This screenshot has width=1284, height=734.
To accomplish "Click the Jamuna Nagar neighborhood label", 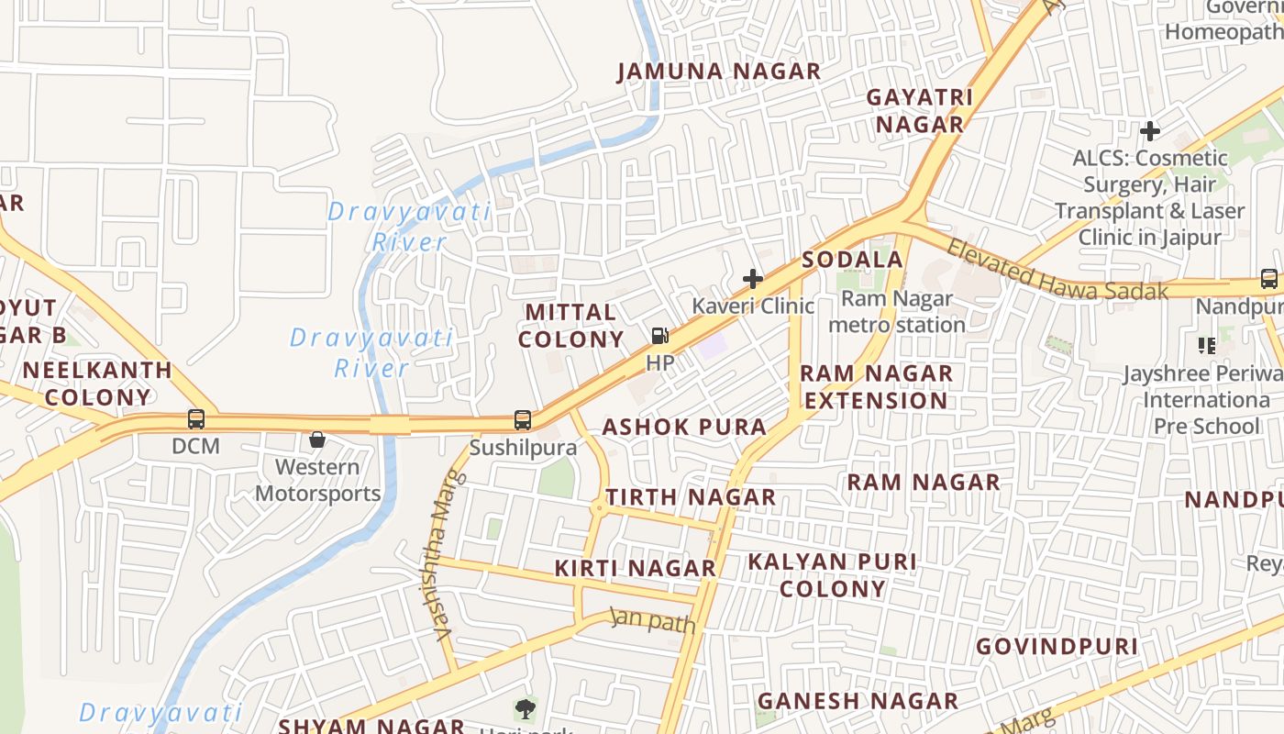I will (718, 72).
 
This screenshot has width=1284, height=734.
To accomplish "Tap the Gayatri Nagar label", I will (919, 110).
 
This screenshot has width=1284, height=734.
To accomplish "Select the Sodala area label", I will (853, 260).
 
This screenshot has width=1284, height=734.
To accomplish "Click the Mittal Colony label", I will (570, 326).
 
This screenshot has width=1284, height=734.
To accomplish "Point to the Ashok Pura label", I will (684, 427).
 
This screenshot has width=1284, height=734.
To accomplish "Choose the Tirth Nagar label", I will (691, 497).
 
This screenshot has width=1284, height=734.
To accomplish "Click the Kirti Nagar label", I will (635, 568).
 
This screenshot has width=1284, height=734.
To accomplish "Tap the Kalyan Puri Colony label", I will (833, 574).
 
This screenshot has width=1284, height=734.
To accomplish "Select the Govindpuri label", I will (1057, 646).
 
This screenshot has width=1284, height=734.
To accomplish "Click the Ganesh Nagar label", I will (858, 701).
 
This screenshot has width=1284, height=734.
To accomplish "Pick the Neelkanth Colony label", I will (97, 384).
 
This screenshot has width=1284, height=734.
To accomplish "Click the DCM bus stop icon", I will (196, 419).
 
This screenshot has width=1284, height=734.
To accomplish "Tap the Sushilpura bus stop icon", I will (523, 420).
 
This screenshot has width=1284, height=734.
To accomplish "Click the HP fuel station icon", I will (659, 336).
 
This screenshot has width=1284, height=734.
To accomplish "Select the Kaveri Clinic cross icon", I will (753, 279).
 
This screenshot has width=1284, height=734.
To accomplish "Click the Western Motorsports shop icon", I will (317, 440).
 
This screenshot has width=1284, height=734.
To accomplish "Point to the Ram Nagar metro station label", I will (897, 312).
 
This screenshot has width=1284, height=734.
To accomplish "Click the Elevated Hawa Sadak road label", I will (1057, 271).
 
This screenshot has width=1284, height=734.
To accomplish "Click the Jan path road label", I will (653, 620).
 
